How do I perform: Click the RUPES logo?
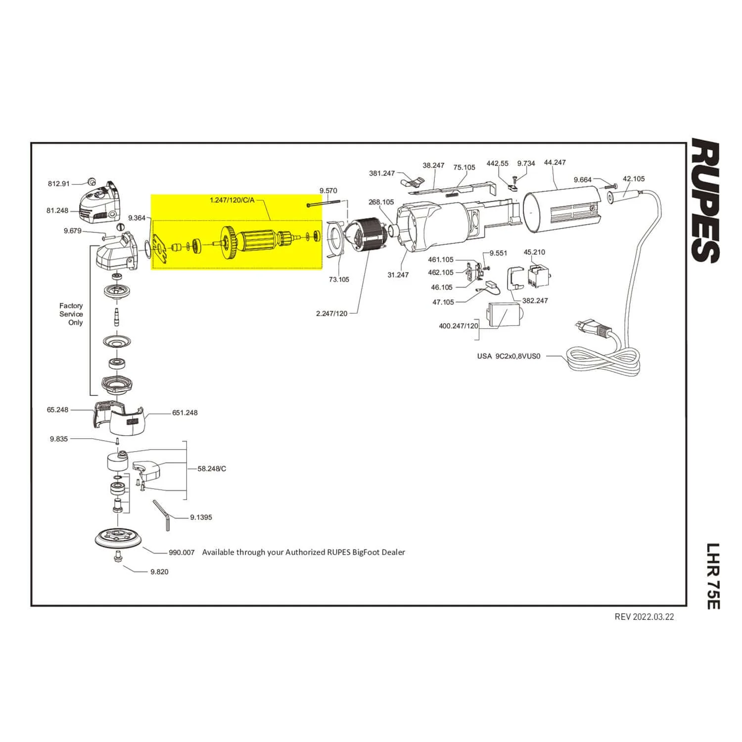[704, 200]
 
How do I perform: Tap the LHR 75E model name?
[712, 576]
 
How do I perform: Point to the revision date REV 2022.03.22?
[644, 617]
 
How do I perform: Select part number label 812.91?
[59, 184]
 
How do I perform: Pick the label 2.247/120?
[332, 314]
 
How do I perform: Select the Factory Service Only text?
[71, 314]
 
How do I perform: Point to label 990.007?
[182, 553]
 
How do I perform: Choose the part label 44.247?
[555, 162]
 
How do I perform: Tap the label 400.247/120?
[459, 326]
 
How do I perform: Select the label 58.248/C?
[212, 468]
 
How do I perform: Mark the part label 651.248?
[185, 413]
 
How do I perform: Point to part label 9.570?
[328, 190]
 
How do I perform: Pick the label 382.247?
[535, 300]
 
